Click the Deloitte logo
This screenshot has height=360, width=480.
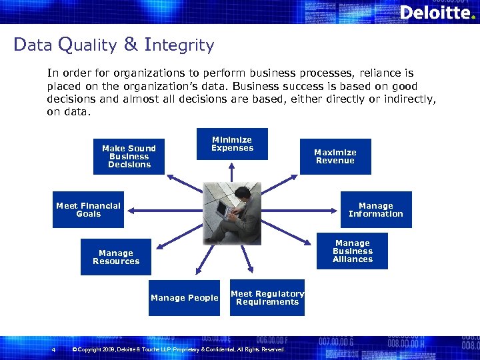click(437, 12)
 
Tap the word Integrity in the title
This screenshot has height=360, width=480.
click(179, 45)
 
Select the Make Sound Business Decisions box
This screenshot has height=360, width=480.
click(129, 157)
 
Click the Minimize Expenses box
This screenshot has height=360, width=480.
click(232, 144)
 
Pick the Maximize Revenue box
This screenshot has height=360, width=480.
click(335, 157)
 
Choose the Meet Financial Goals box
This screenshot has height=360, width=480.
click(88, 210)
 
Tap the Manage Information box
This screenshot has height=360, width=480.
click(376, 210)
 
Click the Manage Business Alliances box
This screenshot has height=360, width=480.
click(353, 251)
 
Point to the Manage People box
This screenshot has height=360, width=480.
click(184, 298)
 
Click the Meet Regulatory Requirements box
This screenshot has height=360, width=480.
click(267, 298)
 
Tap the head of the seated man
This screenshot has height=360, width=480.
click(246, 189)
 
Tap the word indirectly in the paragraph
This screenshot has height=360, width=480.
click(405, 99)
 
